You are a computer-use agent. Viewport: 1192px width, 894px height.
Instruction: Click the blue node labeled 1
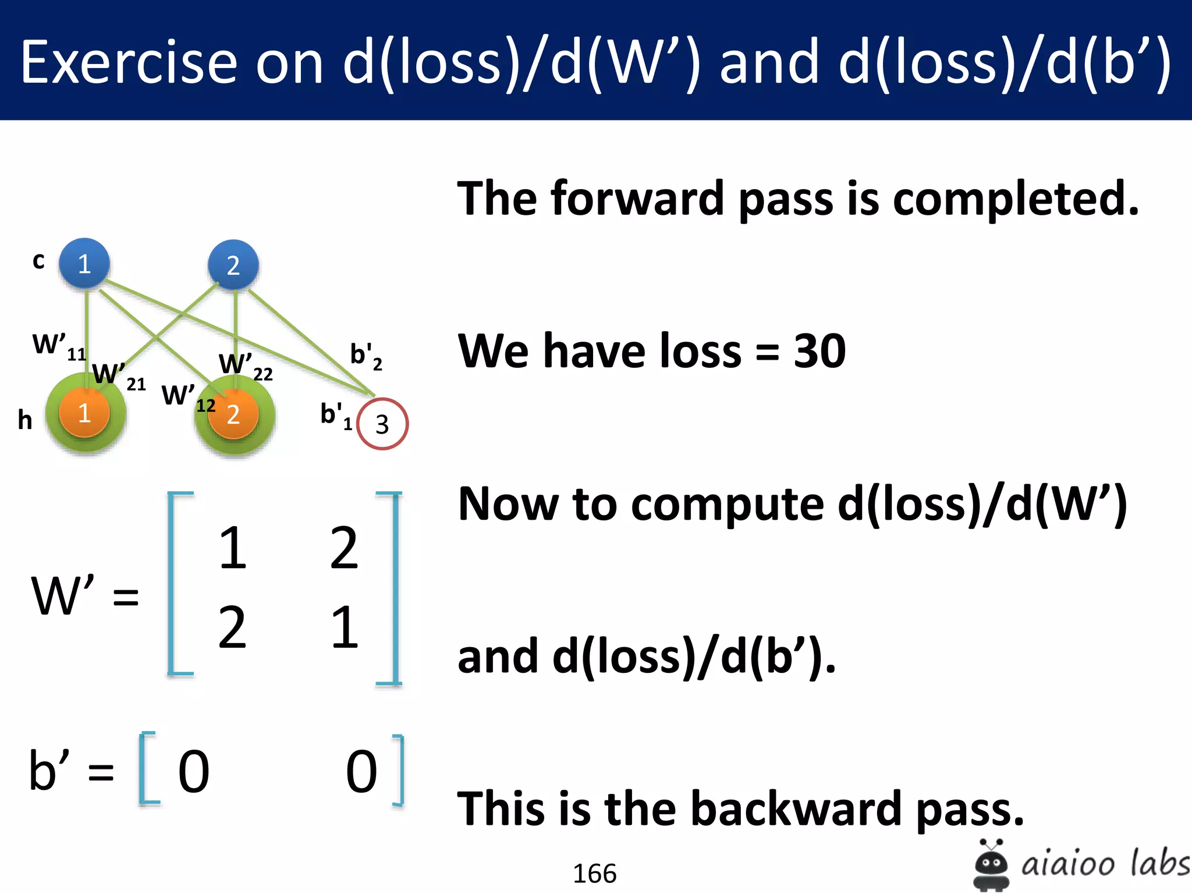click(84, 264)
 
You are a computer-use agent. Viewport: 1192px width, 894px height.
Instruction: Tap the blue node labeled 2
click(233, 265)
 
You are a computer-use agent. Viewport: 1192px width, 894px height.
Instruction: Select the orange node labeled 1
click(84, 413)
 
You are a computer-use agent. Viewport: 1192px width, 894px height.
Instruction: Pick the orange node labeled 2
click(233, 414)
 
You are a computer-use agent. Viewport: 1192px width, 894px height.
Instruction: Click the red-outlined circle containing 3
click(382, 424)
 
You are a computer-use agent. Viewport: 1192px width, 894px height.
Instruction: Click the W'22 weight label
click(245, 366)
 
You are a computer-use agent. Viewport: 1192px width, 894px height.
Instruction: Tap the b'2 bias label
click(366, 356)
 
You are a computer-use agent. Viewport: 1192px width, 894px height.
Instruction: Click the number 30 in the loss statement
click(819, 352)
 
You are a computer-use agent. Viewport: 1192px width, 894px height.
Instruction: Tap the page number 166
click(594, 874)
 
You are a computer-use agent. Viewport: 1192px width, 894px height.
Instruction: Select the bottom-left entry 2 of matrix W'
click(232, 627)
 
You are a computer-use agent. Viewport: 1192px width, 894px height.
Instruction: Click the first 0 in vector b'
click(193, 772)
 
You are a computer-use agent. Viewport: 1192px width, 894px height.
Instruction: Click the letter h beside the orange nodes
click(24, 420)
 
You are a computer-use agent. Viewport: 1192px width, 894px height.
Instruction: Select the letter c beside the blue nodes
click(38, 261)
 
